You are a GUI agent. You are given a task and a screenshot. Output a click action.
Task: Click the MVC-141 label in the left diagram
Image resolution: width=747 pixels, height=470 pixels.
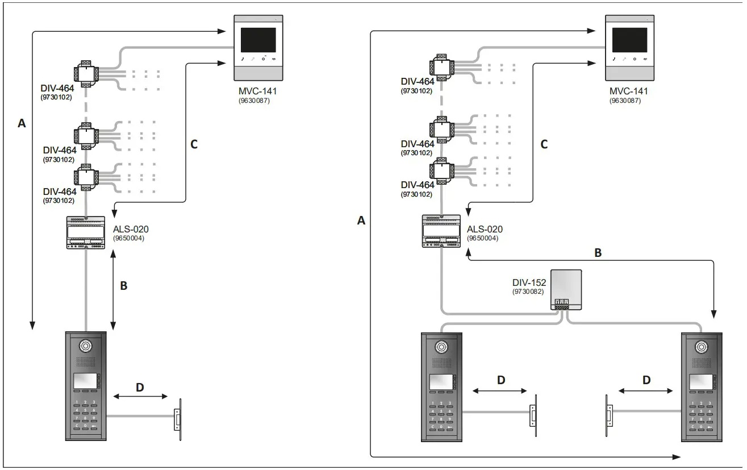[x=257, y=91]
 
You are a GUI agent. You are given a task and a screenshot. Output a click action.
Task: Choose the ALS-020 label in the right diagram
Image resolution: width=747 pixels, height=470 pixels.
[x=485, y=230]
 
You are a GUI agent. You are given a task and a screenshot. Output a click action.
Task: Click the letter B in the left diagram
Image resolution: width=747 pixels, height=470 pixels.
[x=123, y=285]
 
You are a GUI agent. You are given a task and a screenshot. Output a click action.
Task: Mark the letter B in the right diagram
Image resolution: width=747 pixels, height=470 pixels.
[x=598, y=253]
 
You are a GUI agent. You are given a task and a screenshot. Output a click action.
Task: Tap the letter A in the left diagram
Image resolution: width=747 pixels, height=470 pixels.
[x=22, y=123]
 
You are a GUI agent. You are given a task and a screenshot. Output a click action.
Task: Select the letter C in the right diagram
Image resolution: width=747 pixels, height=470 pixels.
[x=544, y=144]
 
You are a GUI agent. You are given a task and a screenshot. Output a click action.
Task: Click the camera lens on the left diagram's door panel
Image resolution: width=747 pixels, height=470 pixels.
[x=86, y=346]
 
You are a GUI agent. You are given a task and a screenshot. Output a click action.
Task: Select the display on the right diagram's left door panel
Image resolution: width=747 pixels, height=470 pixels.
[x=440, y=382]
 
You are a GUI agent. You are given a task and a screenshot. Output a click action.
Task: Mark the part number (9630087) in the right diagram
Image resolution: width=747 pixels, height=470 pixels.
[x=628, y=101]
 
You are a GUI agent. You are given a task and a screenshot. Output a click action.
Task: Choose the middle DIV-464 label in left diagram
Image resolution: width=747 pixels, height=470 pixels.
[x=60, y=150]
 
